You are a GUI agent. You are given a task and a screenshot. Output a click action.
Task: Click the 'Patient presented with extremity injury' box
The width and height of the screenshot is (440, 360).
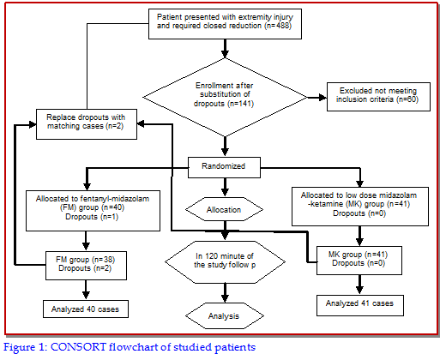click(225, 24)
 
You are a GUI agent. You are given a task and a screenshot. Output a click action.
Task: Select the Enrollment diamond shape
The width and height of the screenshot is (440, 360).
click(225, 97)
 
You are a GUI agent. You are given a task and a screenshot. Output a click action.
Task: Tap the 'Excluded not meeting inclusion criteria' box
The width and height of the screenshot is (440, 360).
click(378, 97)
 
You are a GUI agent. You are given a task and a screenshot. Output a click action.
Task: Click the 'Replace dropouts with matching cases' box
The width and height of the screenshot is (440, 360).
click(87, 124)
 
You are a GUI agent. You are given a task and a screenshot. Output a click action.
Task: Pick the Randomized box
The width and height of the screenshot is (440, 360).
click(224, 167)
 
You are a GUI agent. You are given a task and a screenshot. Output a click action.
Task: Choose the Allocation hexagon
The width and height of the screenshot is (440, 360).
click(224, 209)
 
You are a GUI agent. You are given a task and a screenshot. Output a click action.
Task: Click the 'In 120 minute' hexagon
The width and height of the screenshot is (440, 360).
click(225, 262)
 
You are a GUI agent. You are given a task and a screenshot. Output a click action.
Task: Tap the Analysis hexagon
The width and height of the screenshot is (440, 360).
click(225, 315)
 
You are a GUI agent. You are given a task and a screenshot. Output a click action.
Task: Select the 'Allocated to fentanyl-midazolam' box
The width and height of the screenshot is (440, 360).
click(93, 211)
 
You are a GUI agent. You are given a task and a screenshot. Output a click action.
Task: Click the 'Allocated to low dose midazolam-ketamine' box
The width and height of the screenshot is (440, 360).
click(360, 207)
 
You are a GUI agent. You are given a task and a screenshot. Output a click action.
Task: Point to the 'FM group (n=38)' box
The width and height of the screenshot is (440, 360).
click(86, 266)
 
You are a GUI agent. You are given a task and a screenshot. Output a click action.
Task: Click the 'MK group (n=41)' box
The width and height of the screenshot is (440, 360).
click(359, 261)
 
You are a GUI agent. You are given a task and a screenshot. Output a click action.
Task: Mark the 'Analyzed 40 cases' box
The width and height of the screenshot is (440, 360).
click(86, 309)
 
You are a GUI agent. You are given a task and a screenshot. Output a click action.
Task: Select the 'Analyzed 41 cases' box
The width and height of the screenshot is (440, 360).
click(360, 305)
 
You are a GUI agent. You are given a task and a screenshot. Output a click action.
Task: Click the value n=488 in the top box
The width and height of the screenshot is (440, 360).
click(278, 26)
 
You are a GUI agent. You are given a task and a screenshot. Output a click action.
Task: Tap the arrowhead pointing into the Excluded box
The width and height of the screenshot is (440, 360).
click(323, 98)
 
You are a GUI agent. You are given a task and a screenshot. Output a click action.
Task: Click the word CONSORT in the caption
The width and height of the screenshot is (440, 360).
click(78, 347)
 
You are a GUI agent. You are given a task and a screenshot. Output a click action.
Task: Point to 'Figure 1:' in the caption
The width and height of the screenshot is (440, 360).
click(25, 348)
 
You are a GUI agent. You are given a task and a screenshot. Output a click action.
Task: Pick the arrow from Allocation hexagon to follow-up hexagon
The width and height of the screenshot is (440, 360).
click(226, 230)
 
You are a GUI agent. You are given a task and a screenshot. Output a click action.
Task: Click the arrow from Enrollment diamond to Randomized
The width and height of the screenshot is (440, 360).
click(226, 147)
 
